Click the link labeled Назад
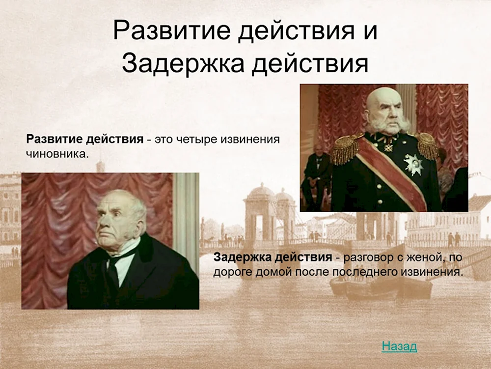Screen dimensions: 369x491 pos(399,346)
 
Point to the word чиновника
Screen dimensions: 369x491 pos(57,154)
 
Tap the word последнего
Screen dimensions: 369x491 pos(386,272)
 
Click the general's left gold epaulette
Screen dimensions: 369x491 pos(346,148)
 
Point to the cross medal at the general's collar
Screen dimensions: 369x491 pos(388,146)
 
